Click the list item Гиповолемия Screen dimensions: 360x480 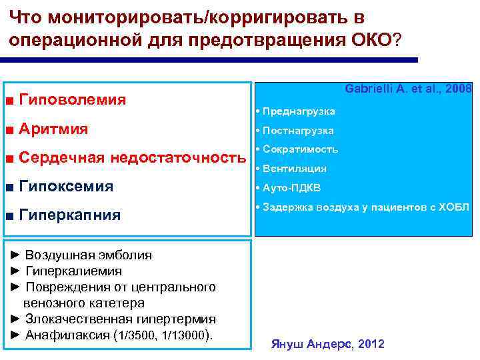(73, 100)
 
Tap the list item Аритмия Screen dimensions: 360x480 (54, 129)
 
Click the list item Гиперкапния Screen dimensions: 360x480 (71, 215)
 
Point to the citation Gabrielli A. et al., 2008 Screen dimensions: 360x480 (408, 89)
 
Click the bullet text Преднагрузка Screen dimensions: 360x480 (299, 111)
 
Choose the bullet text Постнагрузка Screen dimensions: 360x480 (298, 131)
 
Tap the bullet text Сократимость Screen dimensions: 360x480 (300, 149)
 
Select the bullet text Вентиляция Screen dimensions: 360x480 (295, 169)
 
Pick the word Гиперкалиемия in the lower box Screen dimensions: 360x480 (73, 271)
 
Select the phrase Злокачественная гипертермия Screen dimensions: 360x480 (120, 319)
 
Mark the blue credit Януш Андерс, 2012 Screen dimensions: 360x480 (327, 344)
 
